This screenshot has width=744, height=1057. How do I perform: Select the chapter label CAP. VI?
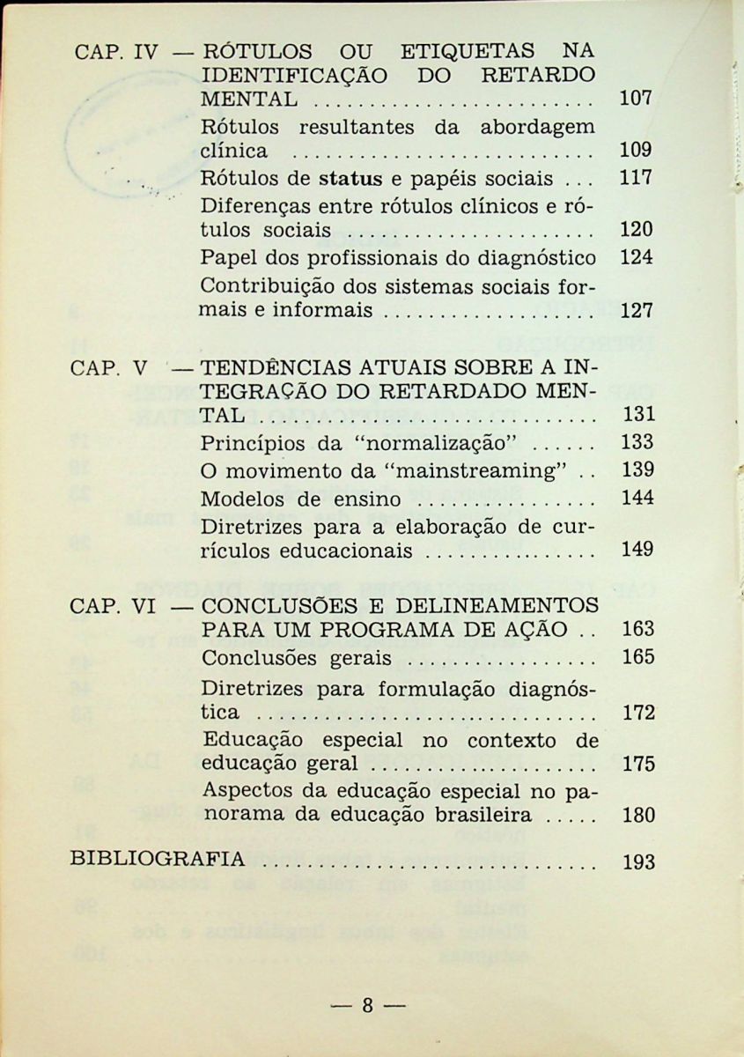(113, 607)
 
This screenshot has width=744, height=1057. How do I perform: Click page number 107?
(636, 99)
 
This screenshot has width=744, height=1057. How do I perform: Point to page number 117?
(636, 178)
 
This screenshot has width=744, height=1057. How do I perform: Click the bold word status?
(350, 179)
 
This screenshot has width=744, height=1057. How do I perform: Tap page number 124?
(637, 259)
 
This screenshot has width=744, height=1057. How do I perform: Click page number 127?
(636, 311)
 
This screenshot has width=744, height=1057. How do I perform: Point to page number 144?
(637, 499)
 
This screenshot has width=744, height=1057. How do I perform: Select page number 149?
(637, 551)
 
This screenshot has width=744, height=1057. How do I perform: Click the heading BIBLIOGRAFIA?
(158, 860)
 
